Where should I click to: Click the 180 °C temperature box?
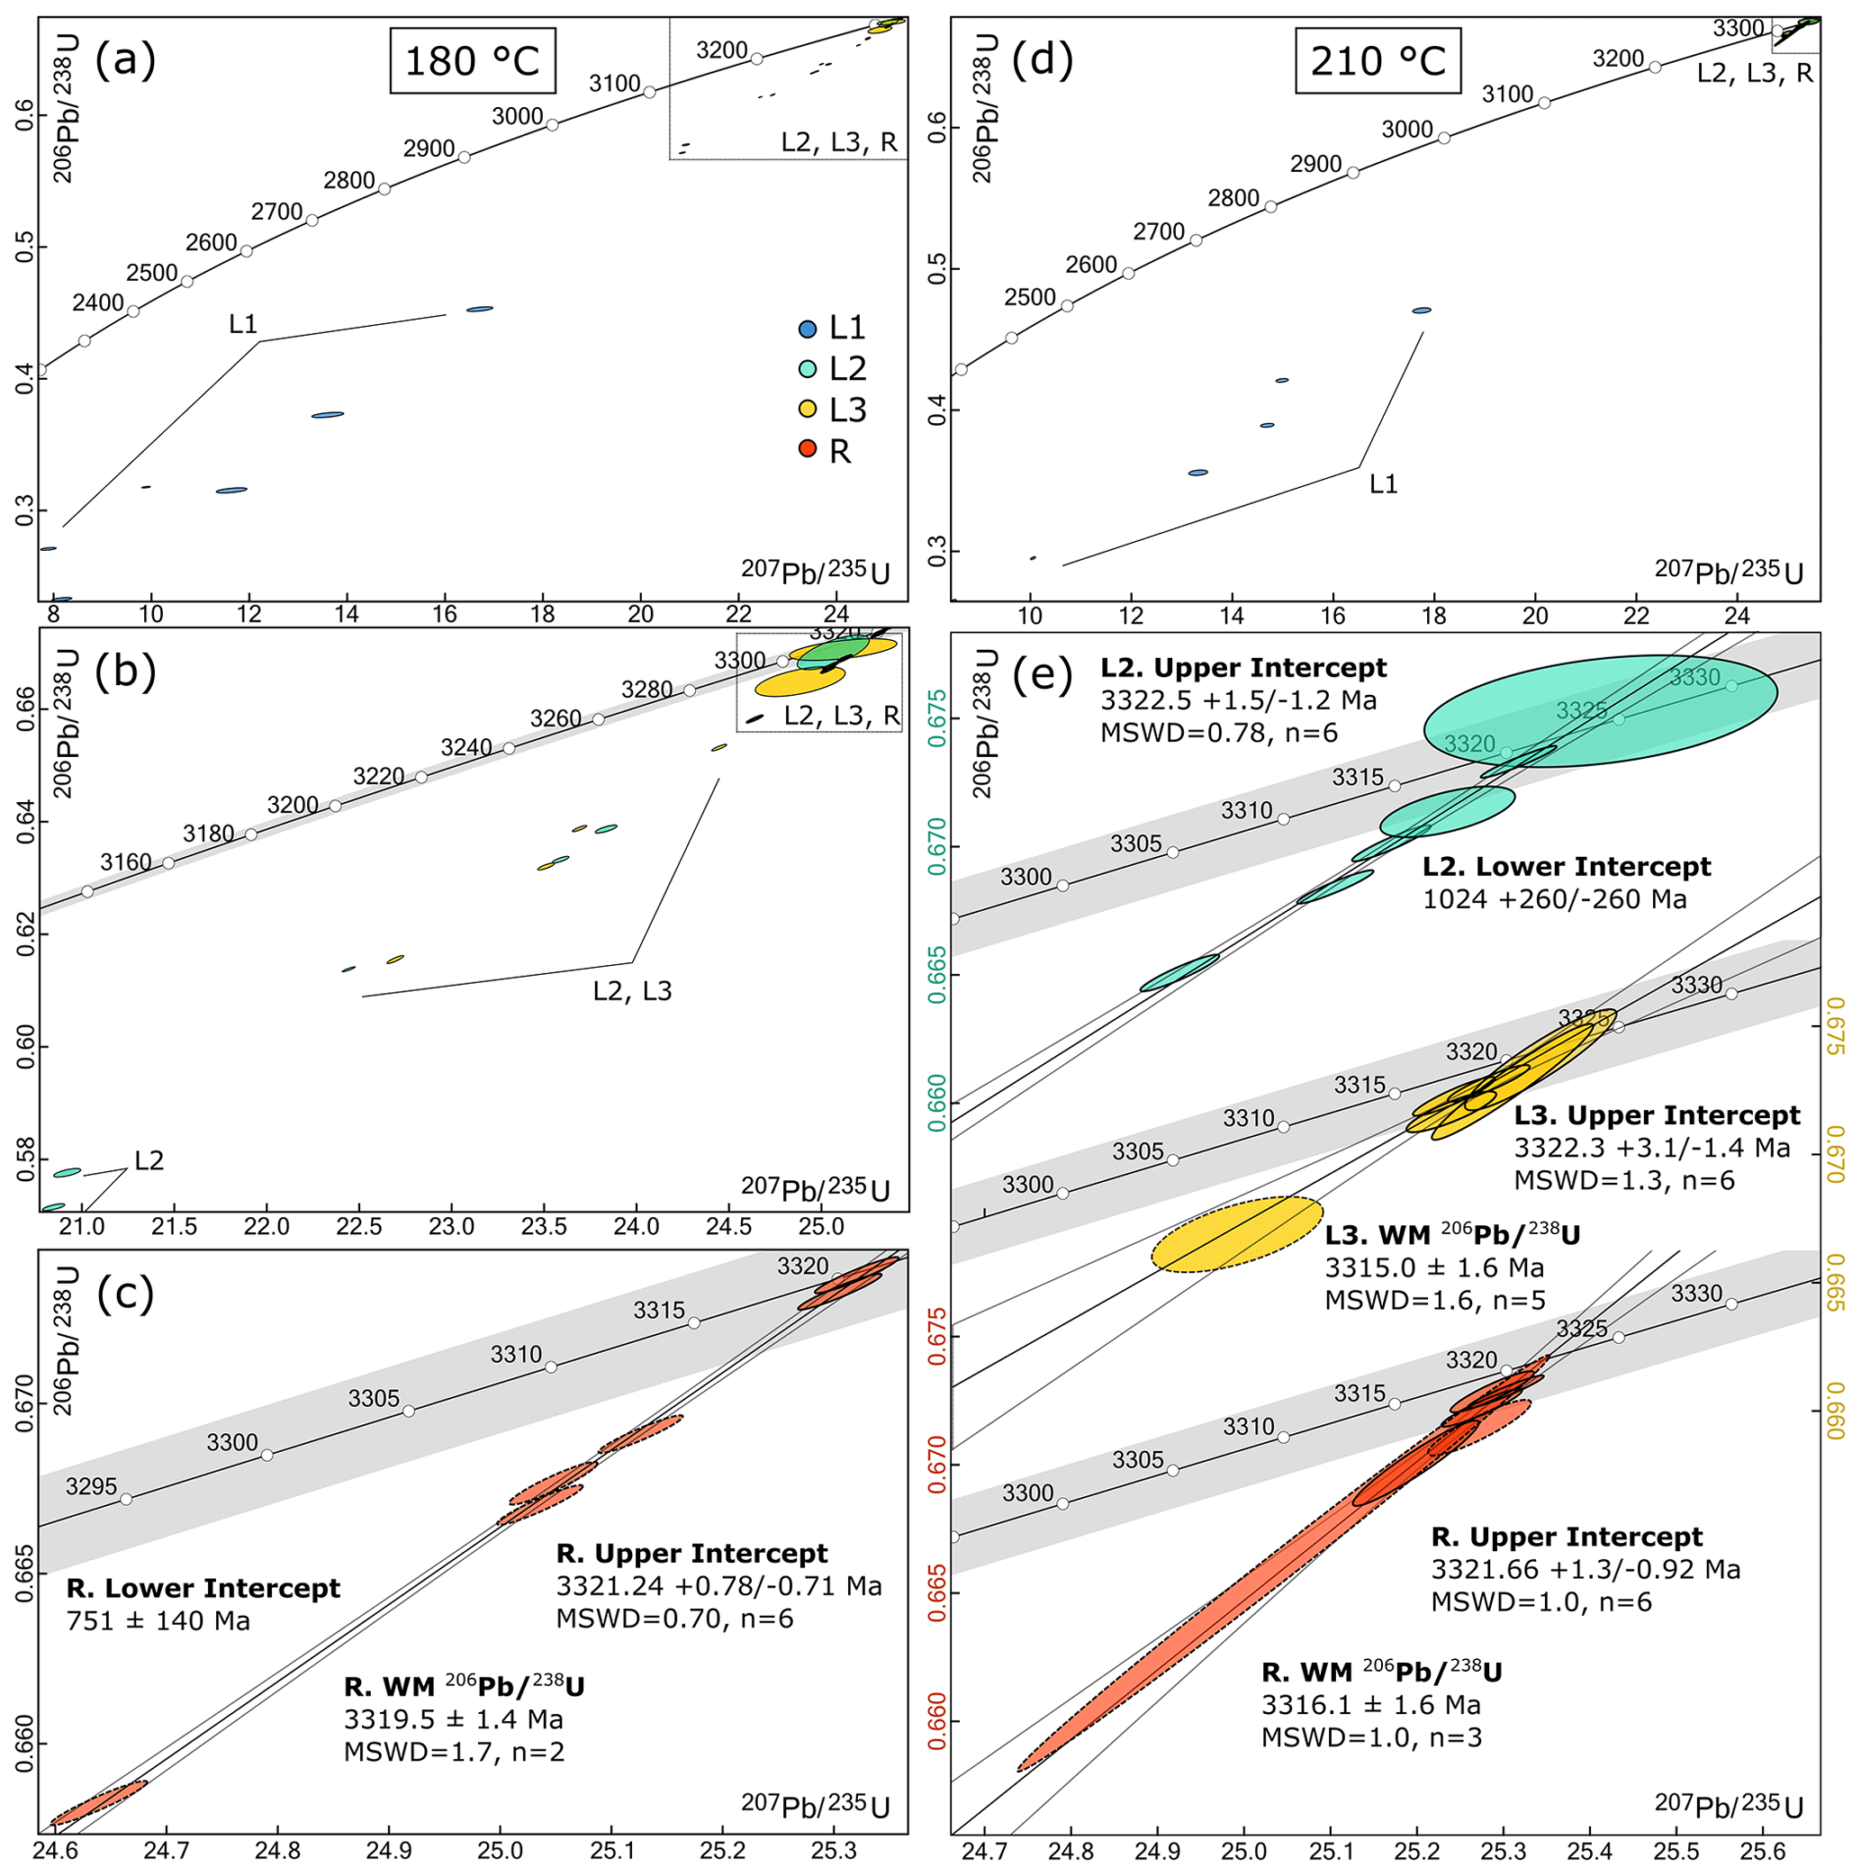(472, 61)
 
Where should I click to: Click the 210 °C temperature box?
(1378, 60)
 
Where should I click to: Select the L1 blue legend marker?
(807, 329)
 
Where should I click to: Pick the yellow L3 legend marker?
(807, 410)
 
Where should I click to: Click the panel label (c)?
(126, 1296)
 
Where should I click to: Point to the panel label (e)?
(1043, 673)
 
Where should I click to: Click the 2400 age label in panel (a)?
(98, 303)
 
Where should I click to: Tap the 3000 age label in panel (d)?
(1406, 129)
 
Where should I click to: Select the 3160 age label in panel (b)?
(126, 862)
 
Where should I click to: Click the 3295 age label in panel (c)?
(91, 1486)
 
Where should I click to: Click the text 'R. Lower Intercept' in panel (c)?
(203, 1589)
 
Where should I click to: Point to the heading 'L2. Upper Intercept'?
(1243, 668)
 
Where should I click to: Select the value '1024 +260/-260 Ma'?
(1554, 899)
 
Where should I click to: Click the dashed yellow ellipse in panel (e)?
(1236, 1234)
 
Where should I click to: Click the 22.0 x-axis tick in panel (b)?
(267, 1226)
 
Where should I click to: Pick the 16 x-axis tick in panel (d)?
(1333, 616)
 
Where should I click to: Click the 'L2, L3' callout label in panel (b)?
(632, 991)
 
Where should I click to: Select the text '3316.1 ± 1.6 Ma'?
(1370, 1705)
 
